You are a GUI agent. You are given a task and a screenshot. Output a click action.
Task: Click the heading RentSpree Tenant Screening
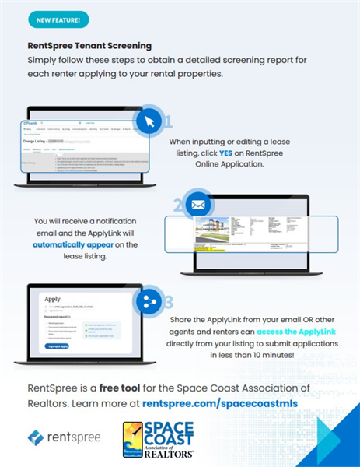(89, 46)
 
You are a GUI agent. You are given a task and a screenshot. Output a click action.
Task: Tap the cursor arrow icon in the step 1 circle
(148, 122)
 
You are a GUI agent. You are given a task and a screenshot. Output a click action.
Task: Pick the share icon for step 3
(148, 302)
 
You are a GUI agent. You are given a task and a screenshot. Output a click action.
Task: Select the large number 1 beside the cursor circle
(167, 124)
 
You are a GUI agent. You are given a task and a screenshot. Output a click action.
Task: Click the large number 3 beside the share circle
(167, 304)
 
